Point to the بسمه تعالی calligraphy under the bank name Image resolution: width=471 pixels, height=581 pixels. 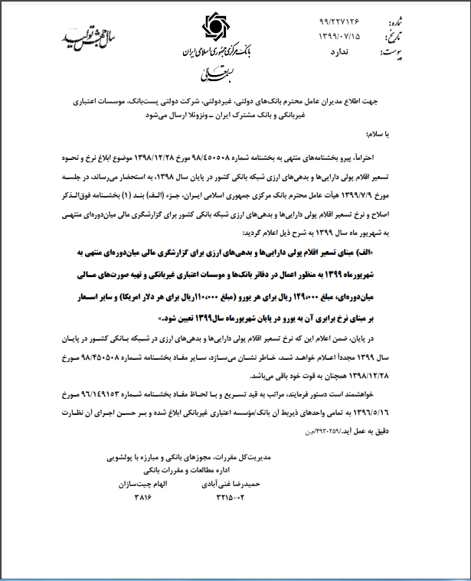coord(214,73)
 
